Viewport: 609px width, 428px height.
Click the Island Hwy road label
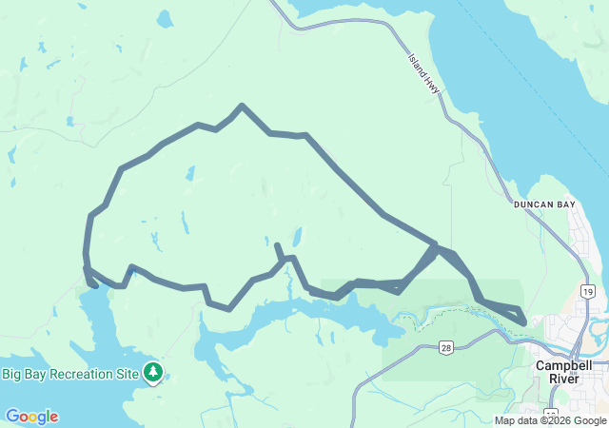tap(424, 73)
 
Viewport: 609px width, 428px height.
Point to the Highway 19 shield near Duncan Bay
tap(588, 291)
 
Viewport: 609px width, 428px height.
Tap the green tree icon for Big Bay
tap(152, 372)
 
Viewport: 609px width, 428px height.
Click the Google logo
tap(31, 417)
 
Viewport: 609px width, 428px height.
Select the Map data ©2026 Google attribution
tap(549, 420)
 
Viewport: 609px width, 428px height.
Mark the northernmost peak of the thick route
tap(243, 106)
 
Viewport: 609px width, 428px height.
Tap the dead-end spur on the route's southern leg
tap(277, 246)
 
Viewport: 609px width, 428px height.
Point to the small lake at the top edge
tap(165, 18)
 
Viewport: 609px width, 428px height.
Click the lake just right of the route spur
tap(297, 235)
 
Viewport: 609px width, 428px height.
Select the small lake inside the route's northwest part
tap(190, 174)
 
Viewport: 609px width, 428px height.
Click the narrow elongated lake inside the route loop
tap(185, 223)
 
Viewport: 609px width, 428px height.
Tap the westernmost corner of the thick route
tap(86, 255)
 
